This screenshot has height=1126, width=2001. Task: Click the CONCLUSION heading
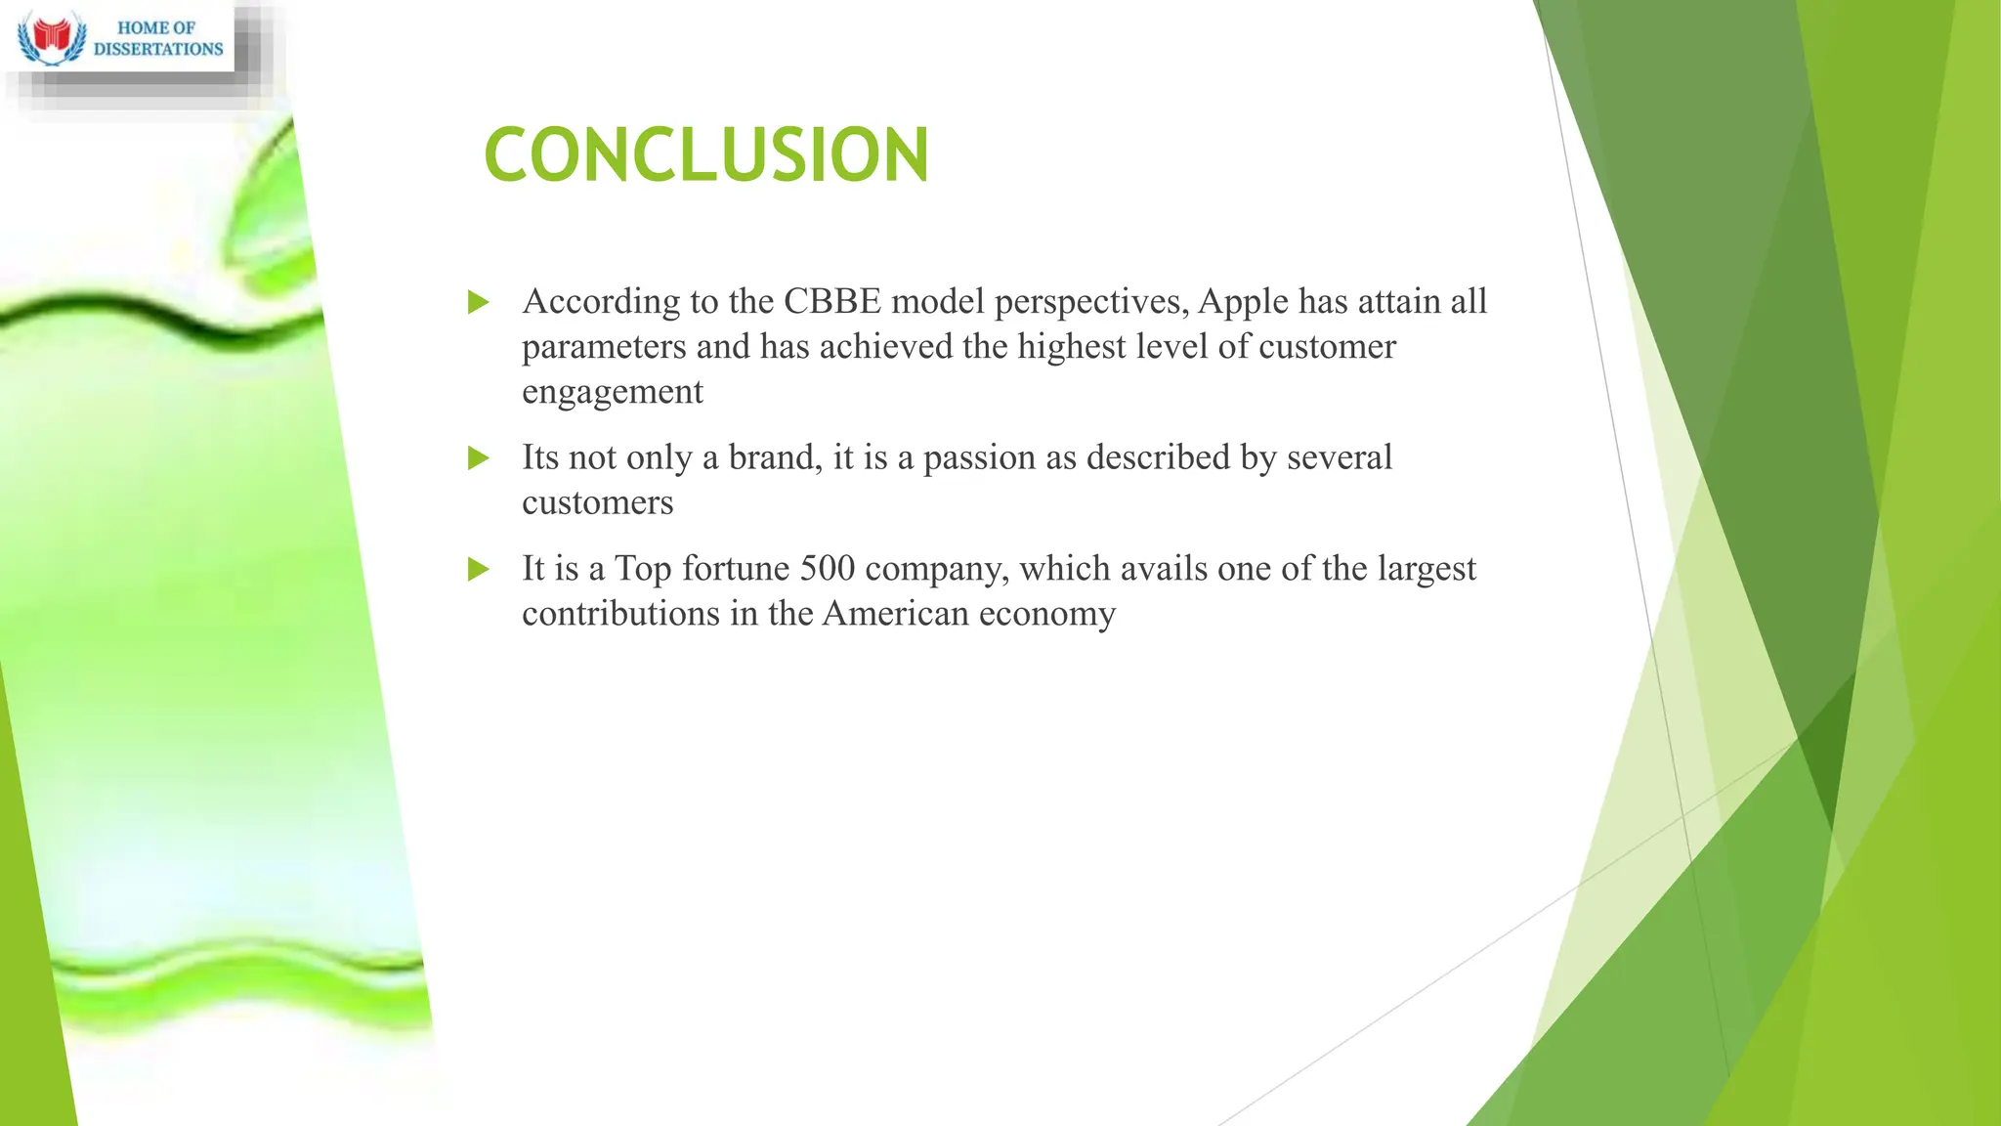[x=706, y=154]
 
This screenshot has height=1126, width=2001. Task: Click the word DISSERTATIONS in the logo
[x=158, y=49]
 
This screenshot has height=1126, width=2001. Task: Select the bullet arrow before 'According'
[x=478, y=302]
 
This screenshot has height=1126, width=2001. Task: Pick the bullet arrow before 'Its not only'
[x=478, y=457]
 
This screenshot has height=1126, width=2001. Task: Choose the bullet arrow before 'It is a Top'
[x=478, y=569]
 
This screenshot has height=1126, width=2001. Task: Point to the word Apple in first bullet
[x=1243, y=302]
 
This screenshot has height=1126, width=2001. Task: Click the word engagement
[x=613, y=392]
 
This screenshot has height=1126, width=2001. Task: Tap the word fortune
[x=736, y=568]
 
